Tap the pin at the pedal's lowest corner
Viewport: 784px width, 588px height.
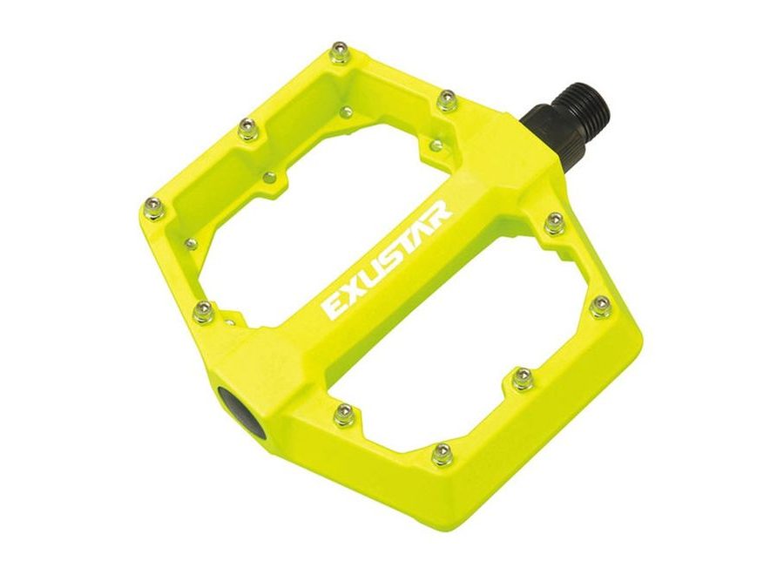click(x=443, y=453)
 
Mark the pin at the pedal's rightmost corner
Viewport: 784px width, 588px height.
click(x=600, y=305)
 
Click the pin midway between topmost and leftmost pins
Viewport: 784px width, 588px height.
click(x=248, y=130)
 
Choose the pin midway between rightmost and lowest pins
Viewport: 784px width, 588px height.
click(x=522, y=378)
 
